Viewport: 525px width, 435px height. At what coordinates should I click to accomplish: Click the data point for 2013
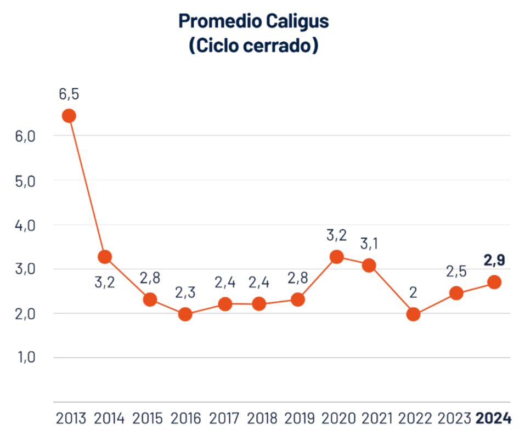[x=69, y=116]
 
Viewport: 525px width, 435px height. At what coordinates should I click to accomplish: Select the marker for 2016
[x=185, y=314]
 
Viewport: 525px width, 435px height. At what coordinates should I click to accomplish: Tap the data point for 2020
[x=337, y=257]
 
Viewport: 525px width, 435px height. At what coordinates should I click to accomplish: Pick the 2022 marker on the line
[x=413, y=314]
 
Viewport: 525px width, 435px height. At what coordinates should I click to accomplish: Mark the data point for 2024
[x=494, y=282]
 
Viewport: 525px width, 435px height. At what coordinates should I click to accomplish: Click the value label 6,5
[x=69, y=94]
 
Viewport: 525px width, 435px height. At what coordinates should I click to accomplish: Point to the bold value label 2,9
[x=494, y=260]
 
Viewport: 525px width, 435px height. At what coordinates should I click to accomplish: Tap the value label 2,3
[x=185, y=292]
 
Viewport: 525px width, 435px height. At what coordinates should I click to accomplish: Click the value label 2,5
[x=456, y=271]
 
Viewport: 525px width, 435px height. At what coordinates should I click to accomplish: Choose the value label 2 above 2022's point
[x=413, y=292]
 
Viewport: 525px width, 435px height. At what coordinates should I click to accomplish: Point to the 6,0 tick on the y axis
[x=22, y=136]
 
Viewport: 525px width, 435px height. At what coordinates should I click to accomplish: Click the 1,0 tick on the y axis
[x=22, y=357]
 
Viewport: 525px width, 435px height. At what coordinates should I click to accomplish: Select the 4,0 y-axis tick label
[x=22, y=225]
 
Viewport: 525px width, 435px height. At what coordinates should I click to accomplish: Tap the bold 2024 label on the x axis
[x=493, y=419]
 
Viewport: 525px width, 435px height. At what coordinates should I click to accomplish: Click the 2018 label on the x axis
[x=262, y=419]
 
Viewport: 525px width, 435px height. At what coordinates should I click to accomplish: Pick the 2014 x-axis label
[x=109, y=419]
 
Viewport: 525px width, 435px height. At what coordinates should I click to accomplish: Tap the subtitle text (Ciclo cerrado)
[x=253, y=46]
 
